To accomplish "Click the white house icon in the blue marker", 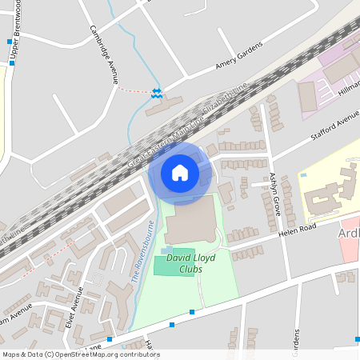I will pyautogui.click(x=180, y=172).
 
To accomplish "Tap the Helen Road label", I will pyautogui.click(x=298, y=228).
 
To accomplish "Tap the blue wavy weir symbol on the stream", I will pyautogui.click(x=158, y=93).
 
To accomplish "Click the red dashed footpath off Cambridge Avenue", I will pyautogui.click(x=133, y=90).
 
